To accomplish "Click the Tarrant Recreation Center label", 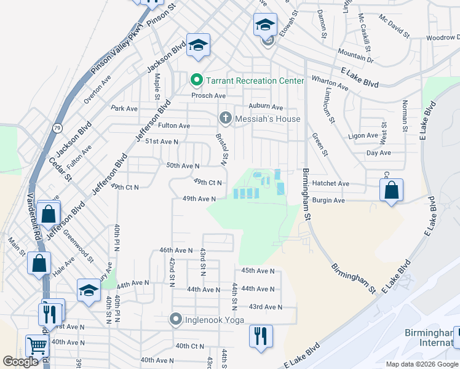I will point(255,81).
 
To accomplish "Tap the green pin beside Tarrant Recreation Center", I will point(197,81).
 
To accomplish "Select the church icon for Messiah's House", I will point(226,118).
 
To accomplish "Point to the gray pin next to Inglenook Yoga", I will point(176,320).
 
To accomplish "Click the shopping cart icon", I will point(37,346).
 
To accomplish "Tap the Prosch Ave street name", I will point(208,95).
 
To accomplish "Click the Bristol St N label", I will point(222,149).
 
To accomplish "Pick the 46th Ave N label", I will point(176,250).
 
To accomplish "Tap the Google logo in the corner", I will point(20,362).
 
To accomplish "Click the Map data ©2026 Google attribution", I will point(422,364).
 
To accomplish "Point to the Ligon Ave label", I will point(363,135).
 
